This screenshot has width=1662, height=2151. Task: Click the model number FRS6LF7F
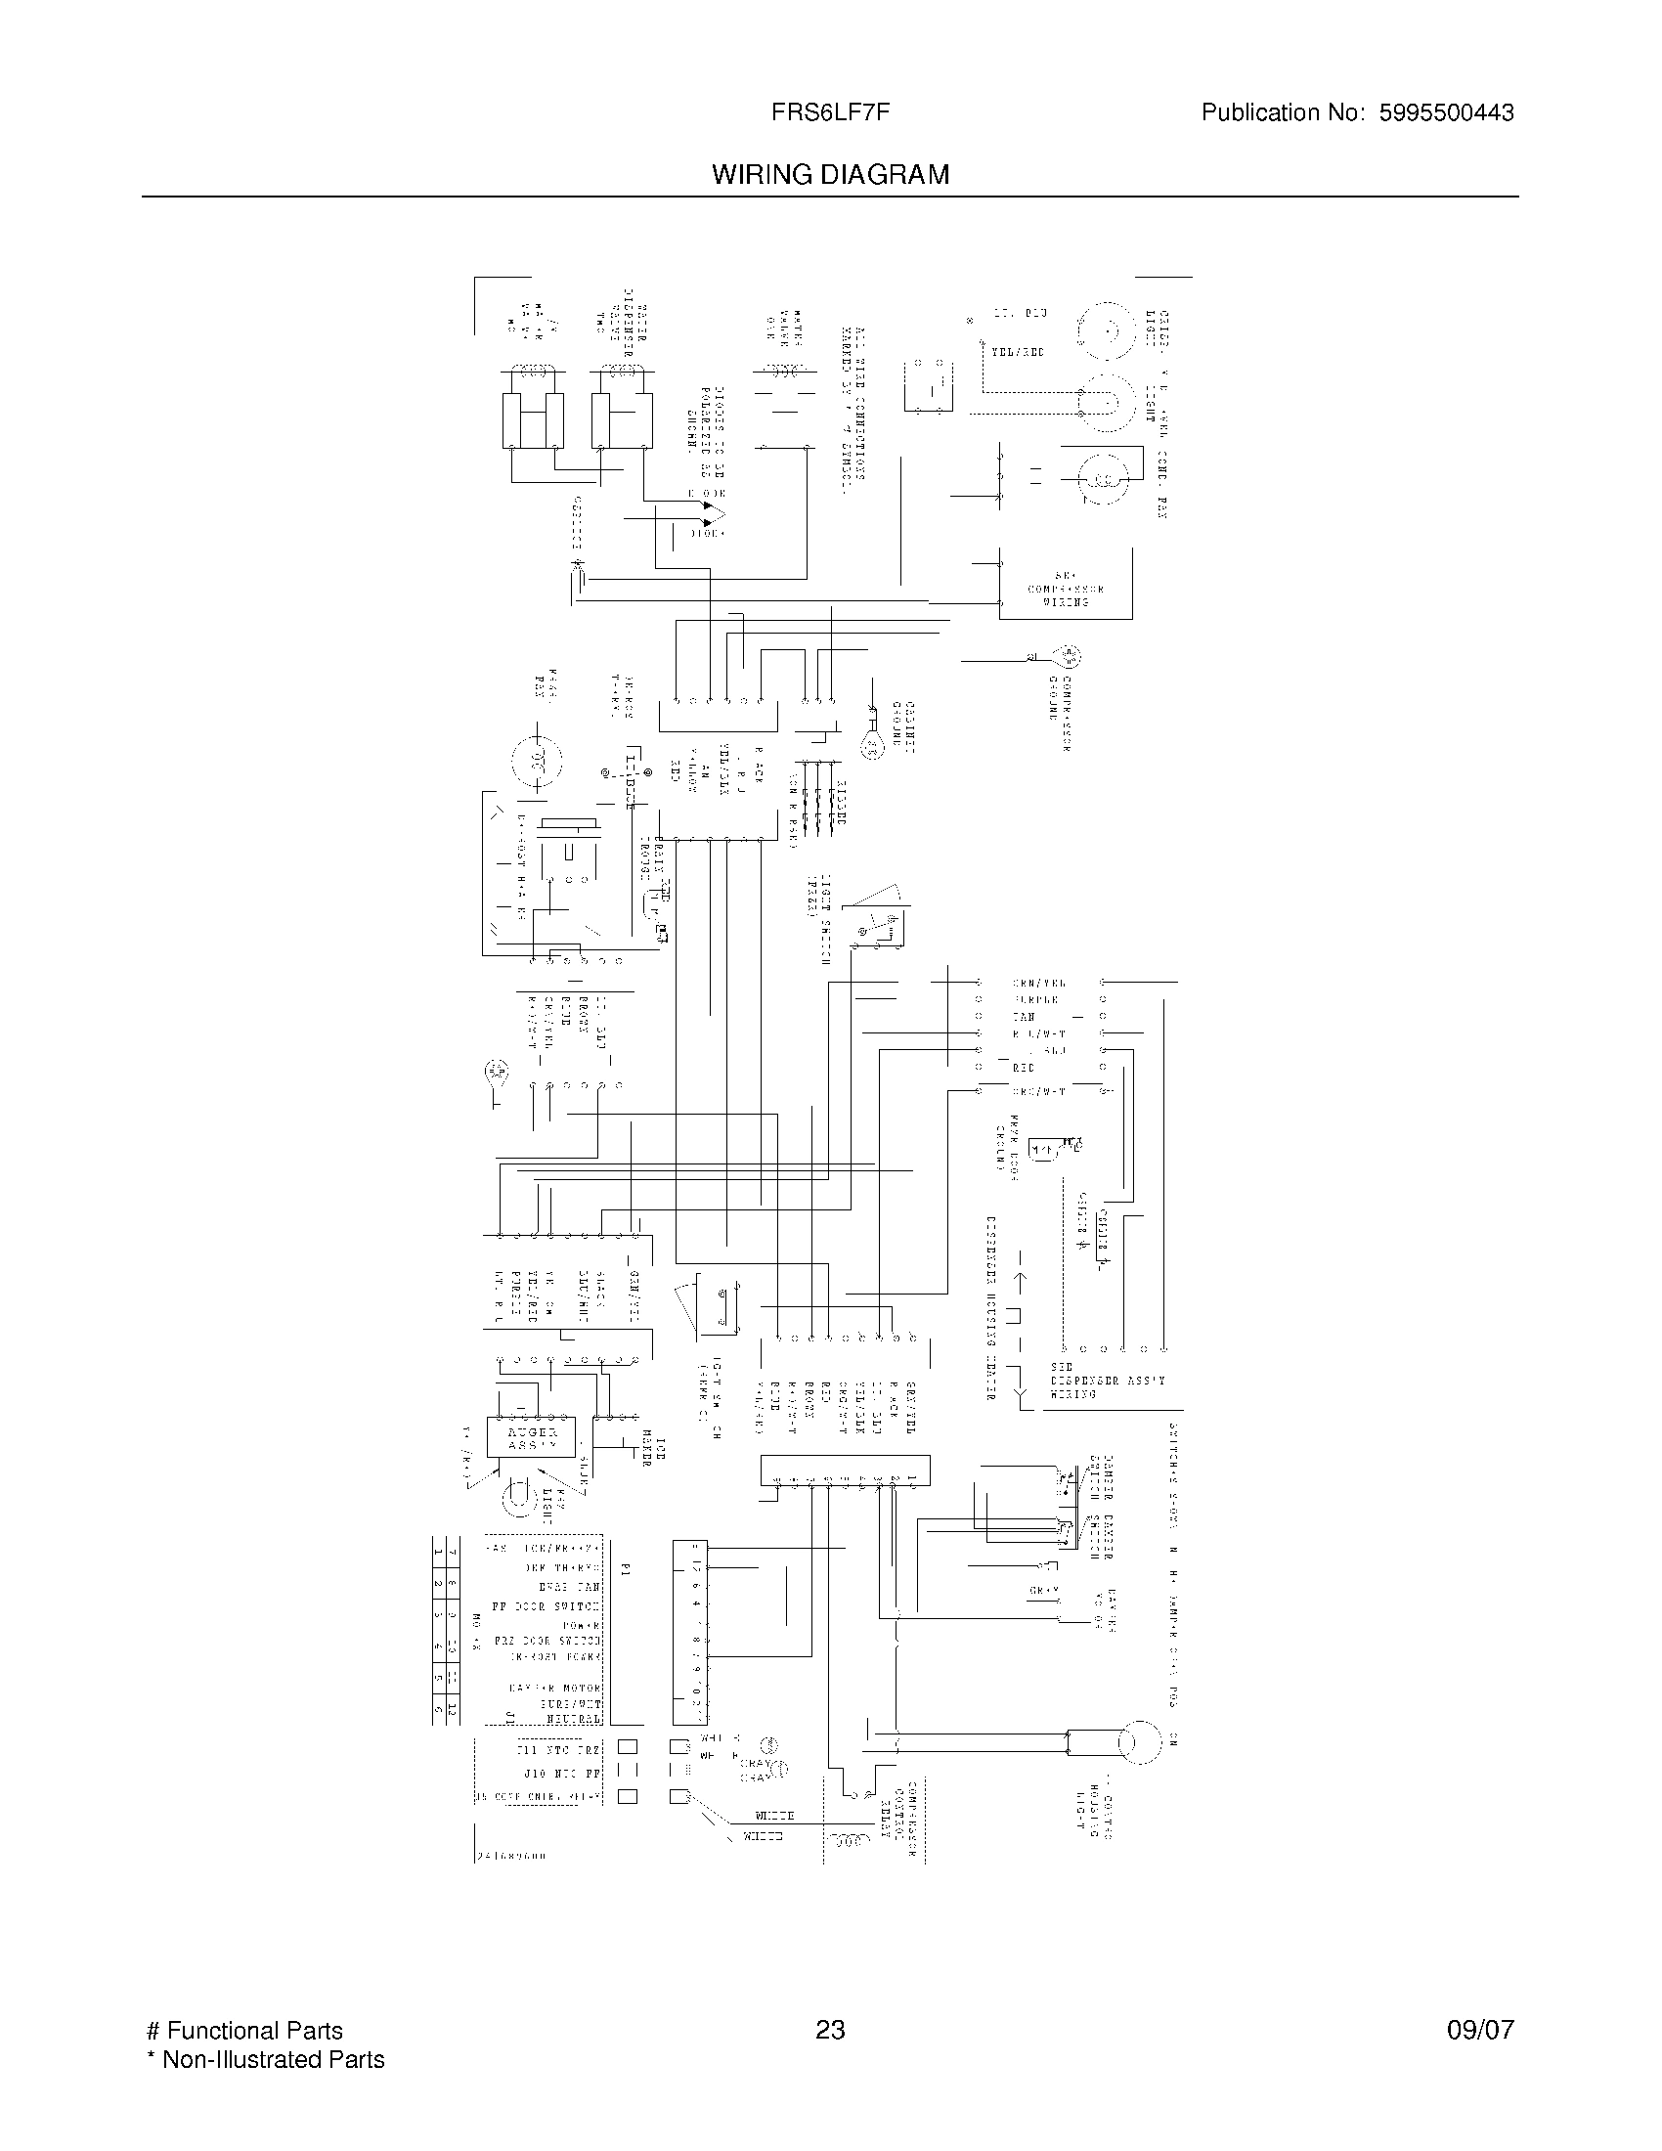pos(831,112)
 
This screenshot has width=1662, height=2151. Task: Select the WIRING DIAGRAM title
pos(831,174)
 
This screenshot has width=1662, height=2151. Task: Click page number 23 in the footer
pos(830,2030)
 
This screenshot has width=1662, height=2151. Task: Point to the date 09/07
pos(1480,2030)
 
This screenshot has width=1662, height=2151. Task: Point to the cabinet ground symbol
pos(872,747)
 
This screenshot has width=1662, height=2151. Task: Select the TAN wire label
pos(1024,1017)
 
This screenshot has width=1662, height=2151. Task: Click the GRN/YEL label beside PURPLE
pos(1038,983)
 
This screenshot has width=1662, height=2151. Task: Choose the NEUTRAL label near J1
pos(573,1719)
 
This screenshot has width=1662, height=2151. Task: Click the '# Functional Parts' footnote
pos(244,2030)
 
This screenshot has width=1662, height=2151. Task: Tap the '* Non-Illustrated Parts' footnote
pos(266,2059)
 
